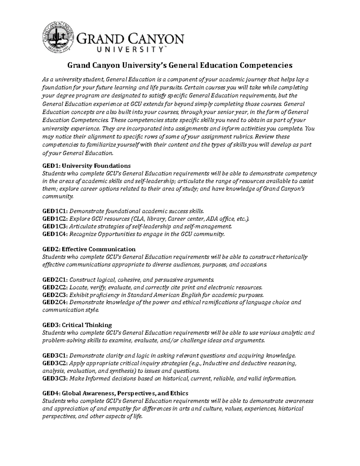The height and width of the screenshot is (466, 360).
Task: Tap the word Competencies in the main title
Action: [262, 65]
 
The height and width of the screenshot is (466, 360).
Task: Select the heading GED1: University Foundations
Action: [86, 166]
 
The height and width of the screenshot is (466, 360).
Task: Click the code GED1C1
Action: [55, 211]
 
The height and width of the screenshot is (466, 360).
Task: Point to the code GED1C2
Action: [55, 218]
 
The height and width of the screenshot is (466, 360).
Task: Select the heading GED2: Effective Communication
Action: [89, 249]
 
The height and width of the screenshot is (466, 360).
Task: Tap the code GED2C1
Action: [55, 280]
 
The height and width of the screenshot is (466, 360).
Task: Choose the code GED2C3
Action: [55, 295]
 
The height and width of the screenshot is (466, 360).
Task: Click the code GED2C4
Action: [55, 302]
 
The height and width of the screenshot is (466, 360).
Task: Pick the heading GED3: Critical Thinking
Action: [77, 325]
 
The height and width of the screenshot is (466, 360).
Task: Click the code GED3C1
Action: [55, 356]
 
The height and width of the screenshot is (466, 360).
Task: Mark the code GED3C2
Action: [55, 363]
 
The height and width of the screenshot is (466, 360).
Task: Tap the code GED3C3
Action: [55, 378]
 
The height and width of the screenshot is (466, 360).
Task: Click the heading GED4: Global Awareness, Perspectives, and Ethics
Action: [115, 393]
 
